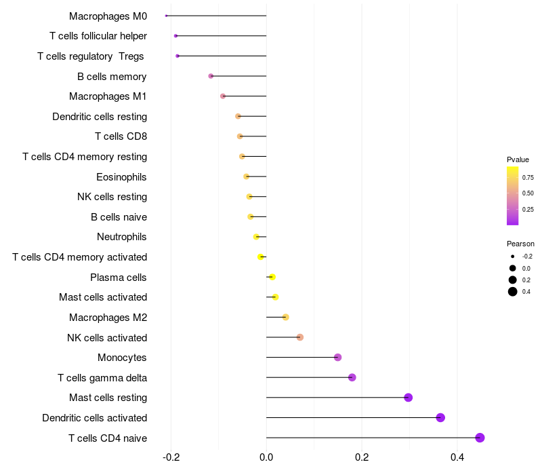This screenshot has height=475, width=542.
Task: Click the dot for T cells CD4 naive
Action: (x=480, y=438)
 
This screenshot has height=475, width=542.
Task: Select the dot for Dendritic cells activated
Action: (x=440, y=417)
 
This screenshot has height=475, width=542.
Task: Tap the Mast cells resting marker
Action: (x=408, y=398)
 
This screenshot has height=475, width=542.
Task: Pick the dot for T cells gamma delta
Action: (x=352, y=377)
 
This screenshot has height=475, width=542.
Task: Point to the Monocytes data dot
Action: (x=337, y=358)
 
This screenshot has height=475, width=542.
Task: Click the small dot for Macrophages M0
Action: (x=166, y=16)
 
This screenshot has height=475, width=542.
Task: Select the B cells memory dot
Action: (x=211, y=76)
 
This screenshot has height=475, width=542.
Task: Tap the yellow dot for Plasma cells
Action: (x=272, y=277)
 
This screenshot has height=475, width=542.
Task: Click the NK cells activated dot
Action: (x=299, y=337)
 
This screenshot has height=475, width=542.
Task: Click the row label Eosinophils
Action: (x=121, y=177)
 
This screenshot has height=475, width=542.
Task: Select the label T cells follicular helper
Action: (x=98, y=36)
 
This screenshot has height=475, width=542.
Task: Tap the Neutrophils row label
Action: (x=122, y=237)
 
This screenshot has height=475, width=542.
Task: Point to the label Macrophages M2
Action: (x=108, y=318)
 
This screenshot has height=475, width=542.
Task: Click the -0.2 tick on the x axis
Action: (x=171, y=457)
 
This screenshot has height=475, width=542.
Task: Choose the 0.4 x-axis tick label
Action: (x=457, y=457)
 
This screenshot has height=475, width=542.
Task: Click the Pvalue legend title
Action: (x=518, y=159)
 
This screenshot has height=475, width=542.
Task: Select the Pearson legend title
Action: (x=520, y=244)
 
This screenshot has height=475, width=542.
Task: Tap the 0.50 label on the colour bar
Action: (x=528, y=193)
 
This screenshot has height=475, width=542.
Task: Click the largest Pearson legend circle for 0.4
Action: (x=513, y=292)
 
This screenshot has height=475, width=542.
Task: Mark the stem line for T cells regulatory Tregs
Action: (x=222, y=56)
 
